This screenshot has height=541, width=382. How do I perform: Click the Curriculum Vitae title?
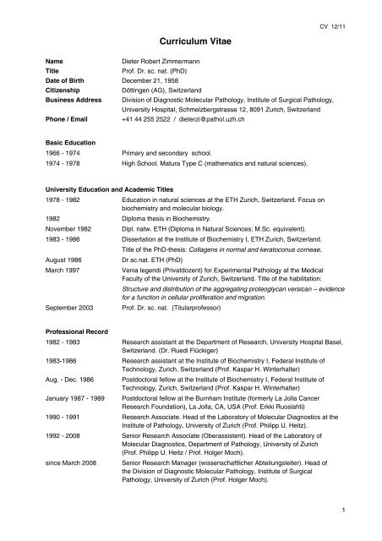(190, 40)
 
